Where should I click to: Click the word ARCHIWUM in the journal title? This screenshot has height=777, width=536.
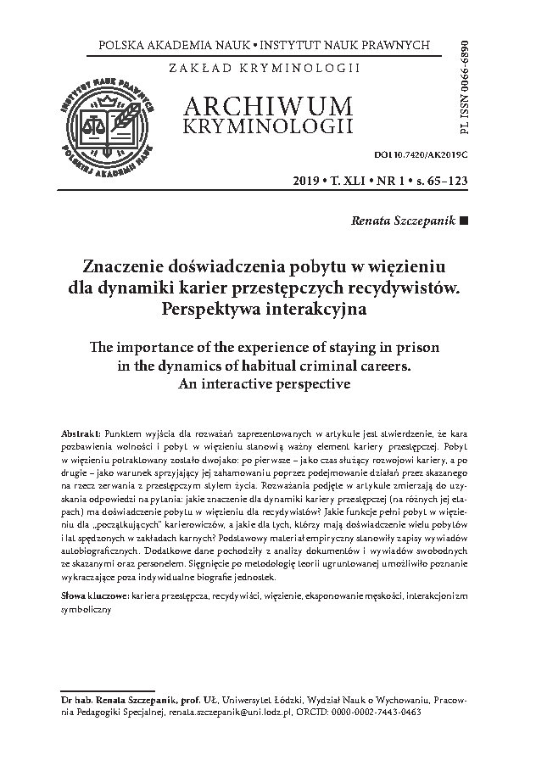coord(265,106)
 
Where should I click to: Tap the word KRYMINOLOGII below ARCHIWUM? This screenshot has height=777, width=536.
coord(265,126)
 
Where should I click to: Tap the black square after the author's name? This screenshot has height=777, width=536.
coord(463,220)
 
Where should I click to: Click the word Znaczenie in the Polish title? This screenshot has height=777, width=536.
coord(127,264)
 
